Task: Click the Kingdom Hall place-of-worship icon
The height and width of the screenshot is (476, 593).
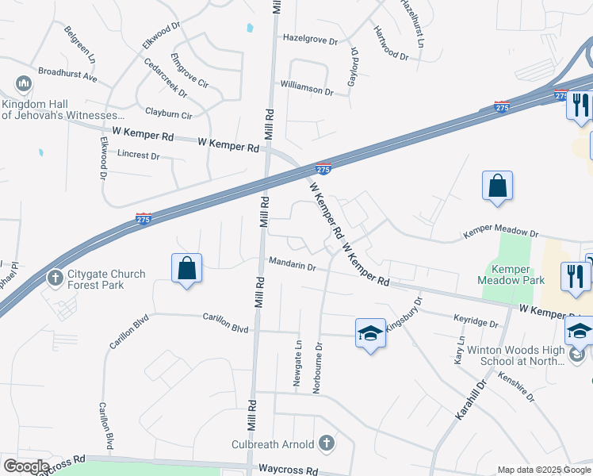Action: coord(23,84)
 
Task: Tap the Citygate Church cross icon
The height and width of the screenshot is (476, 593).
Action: coord(55,278)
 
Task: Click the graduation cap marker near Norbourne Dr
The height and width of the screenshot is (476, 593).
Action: coord(369,334)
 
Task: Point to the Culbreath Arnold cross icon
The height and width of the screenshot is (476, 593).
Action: coord(325,443)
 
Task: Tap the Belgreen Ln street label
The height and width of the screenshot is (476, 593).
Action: coord(80,48)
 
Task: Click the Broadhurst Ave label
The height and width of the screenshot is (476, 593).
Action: coord(67,74)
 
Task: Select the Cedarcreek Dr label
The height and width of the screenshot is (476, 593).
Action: coord(166,77)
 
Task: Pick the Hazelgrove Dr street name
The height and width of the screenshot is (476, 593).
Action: coord(311,39)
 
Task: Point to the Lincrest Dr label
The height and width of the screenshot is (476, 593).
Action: coord(138,155)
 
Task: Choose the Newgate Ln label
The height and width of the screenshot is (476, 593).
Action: coord(298,363)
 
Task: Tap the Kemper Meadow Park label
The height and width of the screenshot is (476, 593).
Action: coord(511,274)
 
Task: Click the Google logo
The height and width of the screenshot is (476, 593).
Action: coord(26,466)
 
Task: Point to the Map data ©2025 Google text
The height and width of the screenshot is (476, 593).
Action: coord(543,470)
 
